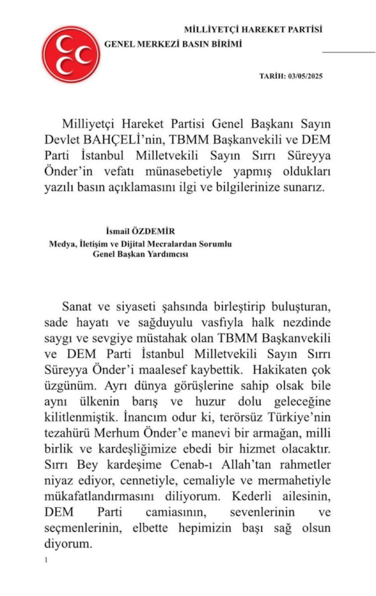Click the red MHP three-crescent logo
click(x=71, y=54)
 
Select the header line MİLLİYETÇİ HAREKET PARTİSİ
click(x=253, y=30)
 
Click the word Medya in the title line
click(x=61, y=245)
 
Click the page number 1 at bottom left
click(x=46, y=560)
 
